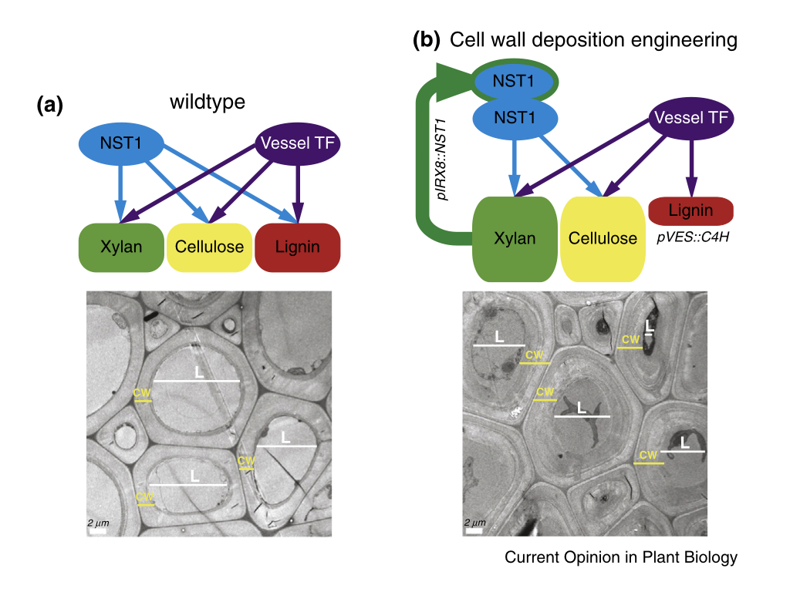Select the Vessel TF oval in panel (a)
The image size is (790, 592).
click(x=297, y=143)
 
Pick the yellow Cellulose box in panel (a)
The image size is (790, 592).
click(x=209, y=247)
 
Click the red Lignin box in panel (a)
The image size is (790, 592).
click(x=297, y=247)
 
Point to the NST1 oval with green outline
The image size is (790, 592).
click(x=514, y=81)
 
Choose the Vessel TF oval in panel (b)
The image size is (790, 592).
click(x=692, y=118)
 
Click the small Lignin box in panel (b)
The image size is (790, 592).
click(x=691, y=210)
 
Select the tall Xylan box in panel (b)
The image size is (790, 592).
click(x=515, y=238)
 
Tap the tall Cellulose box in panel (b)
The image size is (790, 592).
click(x=603, y=238)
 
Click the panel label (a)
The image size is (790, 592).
click(x=50, y=106)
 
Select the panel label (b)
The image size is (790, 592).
click(x=427, y=40)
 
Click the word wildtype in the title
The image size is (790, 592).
click(x=208, y=101)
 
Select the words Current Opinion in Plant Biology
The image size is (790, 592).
click(x=621, y=557)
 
